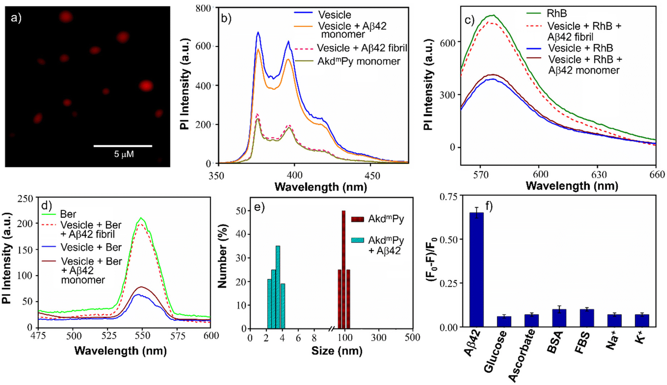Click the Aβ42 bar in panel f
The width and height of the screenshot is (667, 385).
477,270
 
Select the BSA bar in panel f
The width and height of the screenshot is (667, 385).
559,318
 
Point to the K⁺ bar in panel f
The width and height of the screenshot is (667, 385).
642,321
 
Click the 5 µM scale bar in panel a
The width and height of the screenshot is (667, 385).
123,146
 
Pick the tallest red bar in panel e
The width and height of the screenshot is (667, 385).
343,269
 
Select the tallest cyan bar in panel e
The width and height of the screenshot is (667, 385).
278,287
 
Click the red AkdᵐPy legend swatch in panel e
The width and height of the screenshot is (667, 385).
357,219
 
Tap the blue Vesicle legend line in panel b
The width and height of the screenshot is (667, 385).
303,13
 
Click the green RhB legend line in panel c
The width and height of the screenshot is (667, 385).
534,13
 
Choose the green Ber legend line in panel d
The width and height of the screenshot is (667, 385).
49,214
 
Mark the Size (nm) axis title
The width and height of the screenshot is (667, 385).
337,351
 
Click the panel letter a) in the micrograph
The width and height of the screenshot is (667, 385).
16,17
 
